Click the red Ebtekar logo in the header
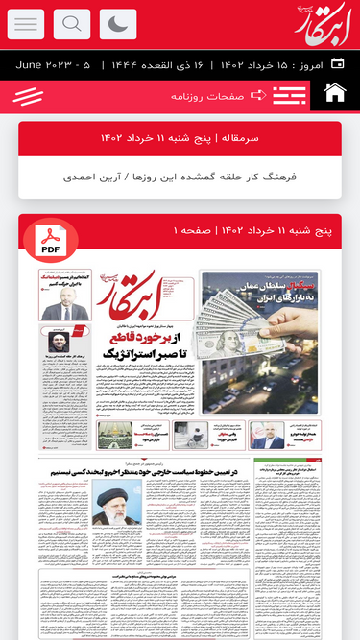click(323, 23)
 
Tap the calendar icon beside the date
click(337, 64)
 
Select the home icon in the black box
click(335, 94)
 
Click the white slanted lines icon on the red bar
click(29, 96)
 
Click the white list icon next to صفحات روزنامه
click(289, 95)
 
